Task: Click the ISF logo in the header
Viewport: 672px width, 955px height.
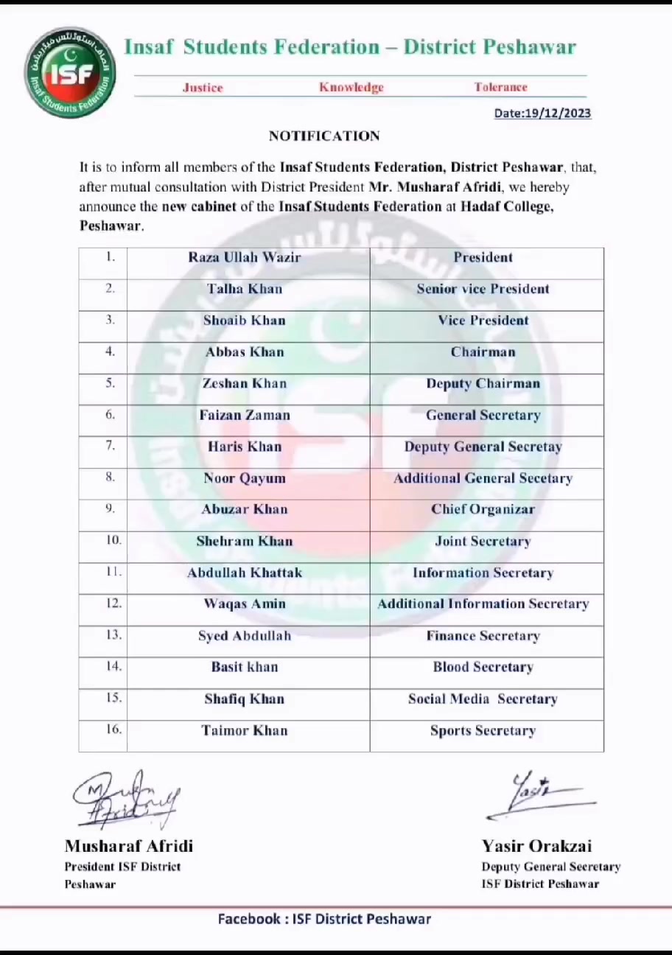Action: [x=70, y=72]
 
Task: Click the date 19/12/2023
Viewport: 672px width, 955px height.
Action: [x=542, y=113]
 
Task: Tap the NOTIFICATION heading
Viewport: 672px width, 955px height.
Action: [x=324, y=136]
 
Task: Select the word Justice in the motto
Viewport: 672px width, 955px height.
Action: [x=203, y=88]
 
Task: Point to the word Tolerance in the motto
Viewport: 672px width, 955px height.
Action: [x=500, y=87]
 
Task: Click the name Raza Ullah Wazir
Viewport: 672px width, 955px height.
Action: [x=244, y=257]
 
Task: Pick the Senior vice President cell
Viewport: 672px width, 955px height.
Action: [x=483, y=289]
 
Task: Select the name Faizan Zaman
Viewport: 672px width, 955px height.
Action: [x=244, y=415]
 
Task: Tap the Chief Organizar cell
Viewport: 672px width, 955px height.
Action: [x=483, y=509]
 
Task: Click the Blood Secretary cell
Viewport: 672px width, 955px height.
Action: [x=483, y=667]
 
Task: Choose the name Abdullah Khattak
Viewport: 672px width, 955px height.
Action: [x=244, y=573]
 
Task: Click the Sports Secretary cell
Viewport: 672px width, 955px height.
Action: [x=483, y=731]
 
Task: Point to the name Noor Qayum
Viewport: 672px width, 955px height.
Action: [x=244, y=478]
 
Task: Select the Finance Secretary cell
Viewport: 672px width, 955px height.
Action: [x=483, y=636]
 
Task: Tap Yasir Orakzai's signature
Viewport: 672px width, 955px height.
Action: [x=538, y=796]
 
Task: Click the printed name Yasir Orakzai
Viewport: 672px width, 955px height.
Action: [x=536, y=846]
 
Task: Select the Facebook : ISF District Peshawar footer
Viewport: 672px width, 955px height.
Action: [x=324, y=919]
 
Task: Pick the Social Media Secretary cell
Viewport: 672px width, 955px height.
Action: [x=483, y=699]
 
